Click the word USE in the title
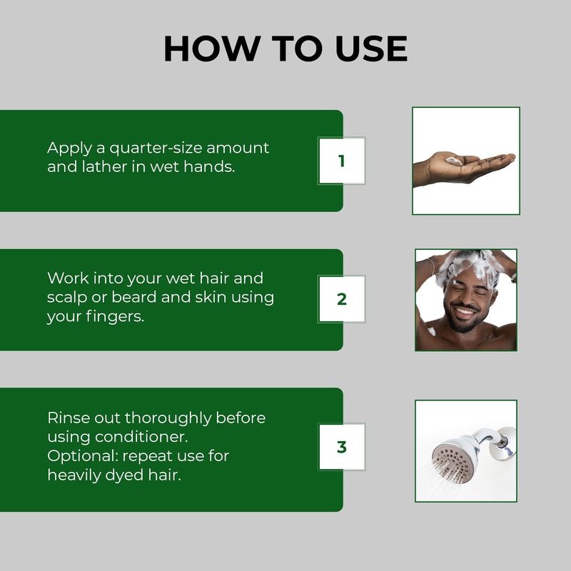click(x=371, y=49)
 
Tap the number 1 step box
click(x=342, y=161)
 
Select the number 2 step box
click(x=342, y=299)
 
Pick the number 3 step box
click(x=342, y=447)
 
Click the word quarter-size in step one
click(x=156, y=148)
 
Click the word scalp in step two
click(x=67, y=298)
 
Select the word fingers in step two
click(x=115, y=317)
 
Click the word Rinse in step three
click(x=69, y=418)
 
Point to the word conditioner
click(x=141, y=437)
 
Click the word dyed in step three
click(x=124, y=475)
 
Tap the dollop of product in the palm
click(x=454, y=161)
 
